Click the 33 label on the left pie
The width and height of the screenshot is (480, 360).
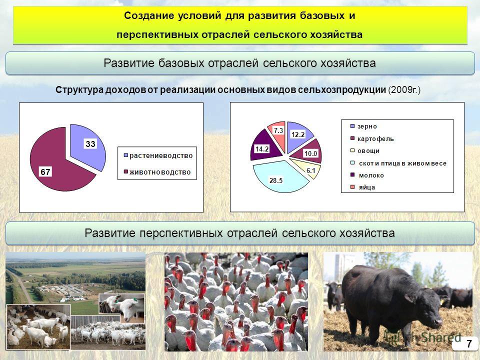[90, 144]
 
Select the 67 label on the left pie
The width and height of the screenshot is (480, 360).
[45, 172]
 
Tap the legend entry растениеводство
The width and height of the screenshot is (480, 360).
[158, 155]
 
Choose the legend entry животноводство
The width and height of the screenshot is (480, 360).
[157, 172]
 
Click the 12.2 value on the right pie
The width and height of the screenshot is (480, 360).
[298, 134]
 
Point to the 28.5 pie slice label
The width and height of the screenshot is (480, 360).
[276, 180]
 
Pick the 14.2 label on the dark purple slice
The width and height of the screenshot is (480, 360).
[262, 149]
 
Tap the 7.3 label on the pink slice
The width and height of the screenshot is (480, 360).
[278, 130]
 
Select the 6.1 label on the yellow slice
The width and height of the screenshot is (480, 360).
[310, 170]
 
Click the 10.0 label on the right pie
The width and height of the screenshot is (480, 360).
[310, 153]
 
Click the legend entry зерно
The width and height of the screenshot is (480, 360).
[363, 126]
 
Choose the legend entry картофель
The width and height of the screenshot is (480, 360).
[372, 138]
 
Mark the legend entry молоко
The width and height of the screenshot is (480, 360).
[367, 175]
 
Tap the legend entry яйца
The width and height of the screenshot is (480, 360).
[363, 187]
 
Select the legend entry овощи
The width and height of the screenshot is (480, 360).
[365, 151]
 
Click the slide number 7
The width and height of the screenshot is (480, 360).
[469, 344]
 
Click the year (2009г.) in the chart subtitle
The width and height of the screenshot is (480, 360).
[404, 90]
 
